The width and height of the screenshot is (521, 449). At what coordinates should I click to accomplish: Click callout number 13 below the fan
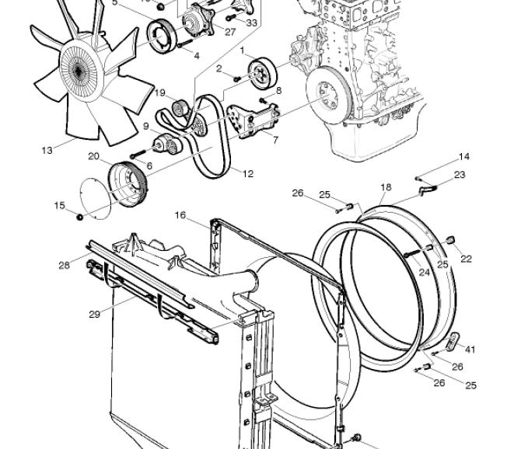tap(47, 151)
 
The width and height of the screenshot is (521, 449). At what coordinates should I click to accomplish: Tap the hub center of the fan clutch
tap(79, 71)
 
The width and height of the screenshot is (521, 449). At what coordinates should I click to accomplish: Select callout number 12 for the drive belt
tap(248, 173)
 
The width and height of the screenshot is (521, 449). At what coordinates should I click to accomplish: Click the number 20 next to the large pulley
tap(93, 156)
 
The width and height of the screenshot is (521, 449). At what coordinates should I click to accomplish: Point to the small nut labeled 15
tap(80, 218)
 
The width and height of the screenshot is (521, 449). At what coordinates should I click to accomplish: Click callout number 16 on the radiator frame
tap(180, 215)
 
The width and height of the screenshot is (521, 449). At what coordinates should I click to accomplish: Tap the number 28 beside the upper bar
tap(64, 265)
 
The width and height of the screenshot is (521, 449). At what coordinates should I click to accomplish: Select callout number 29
tap(95, 314)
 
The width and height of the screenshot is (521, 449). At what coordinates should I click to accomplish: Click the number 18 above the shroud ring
tap(386, 187)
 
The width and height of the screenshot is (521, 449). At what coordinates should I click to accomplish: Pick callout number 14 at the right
tap(464, 156)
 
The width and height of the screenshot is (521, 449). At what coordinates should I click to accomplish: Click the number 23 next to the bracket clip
tap(460, 175)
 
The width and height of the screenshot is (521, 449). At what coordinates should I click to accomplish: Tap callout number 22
tap(466, 259)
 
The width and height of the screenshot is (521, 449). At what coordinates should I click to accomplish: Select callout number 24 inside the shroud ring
tap(425, 273)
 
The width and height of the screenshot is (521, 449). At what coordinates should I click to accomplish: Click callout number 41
tap(470, 349)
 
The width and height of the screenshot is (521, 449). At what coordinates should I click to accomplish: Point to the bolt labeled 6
tap(138, 154)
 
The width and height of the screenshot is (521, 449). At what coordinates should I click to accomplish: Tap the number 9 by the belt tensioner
tap(146, 127)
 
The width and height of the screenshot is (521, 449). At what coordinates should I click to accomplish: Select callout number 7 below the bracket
tap(275, 140)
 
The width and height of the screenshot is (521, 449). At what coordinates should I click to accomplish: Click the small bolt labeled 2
tap(237, 79)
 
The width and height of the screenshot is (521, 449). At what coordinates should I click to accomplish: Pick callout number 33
tap(251, 23)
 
